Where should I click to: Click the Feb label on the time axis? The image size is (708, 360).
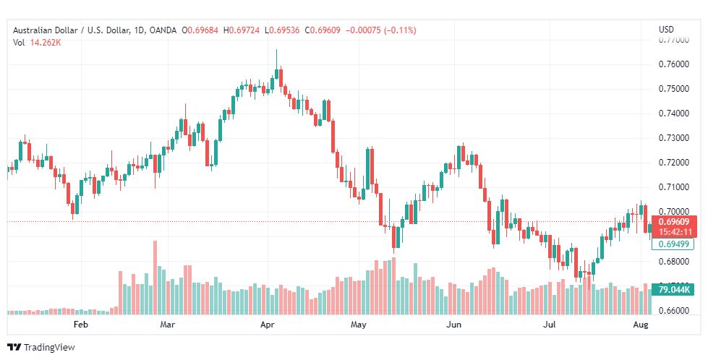coord(80,325)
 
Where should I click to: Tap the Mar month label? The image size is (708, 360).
coord(169,325)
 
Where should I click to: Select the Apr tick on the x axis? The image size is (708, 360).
coord(268,325)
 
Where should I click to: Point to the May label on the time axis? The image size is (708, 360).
coord(359,325)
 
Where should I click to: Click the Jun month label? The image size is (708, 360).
coord(454,325)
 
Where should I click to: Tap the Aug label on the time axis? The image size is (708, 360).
coord(641,325)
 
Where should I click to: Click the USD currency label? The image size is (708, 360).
coord(666,30)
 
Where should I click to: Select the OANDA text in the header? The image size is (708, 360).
coord(163,30)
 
